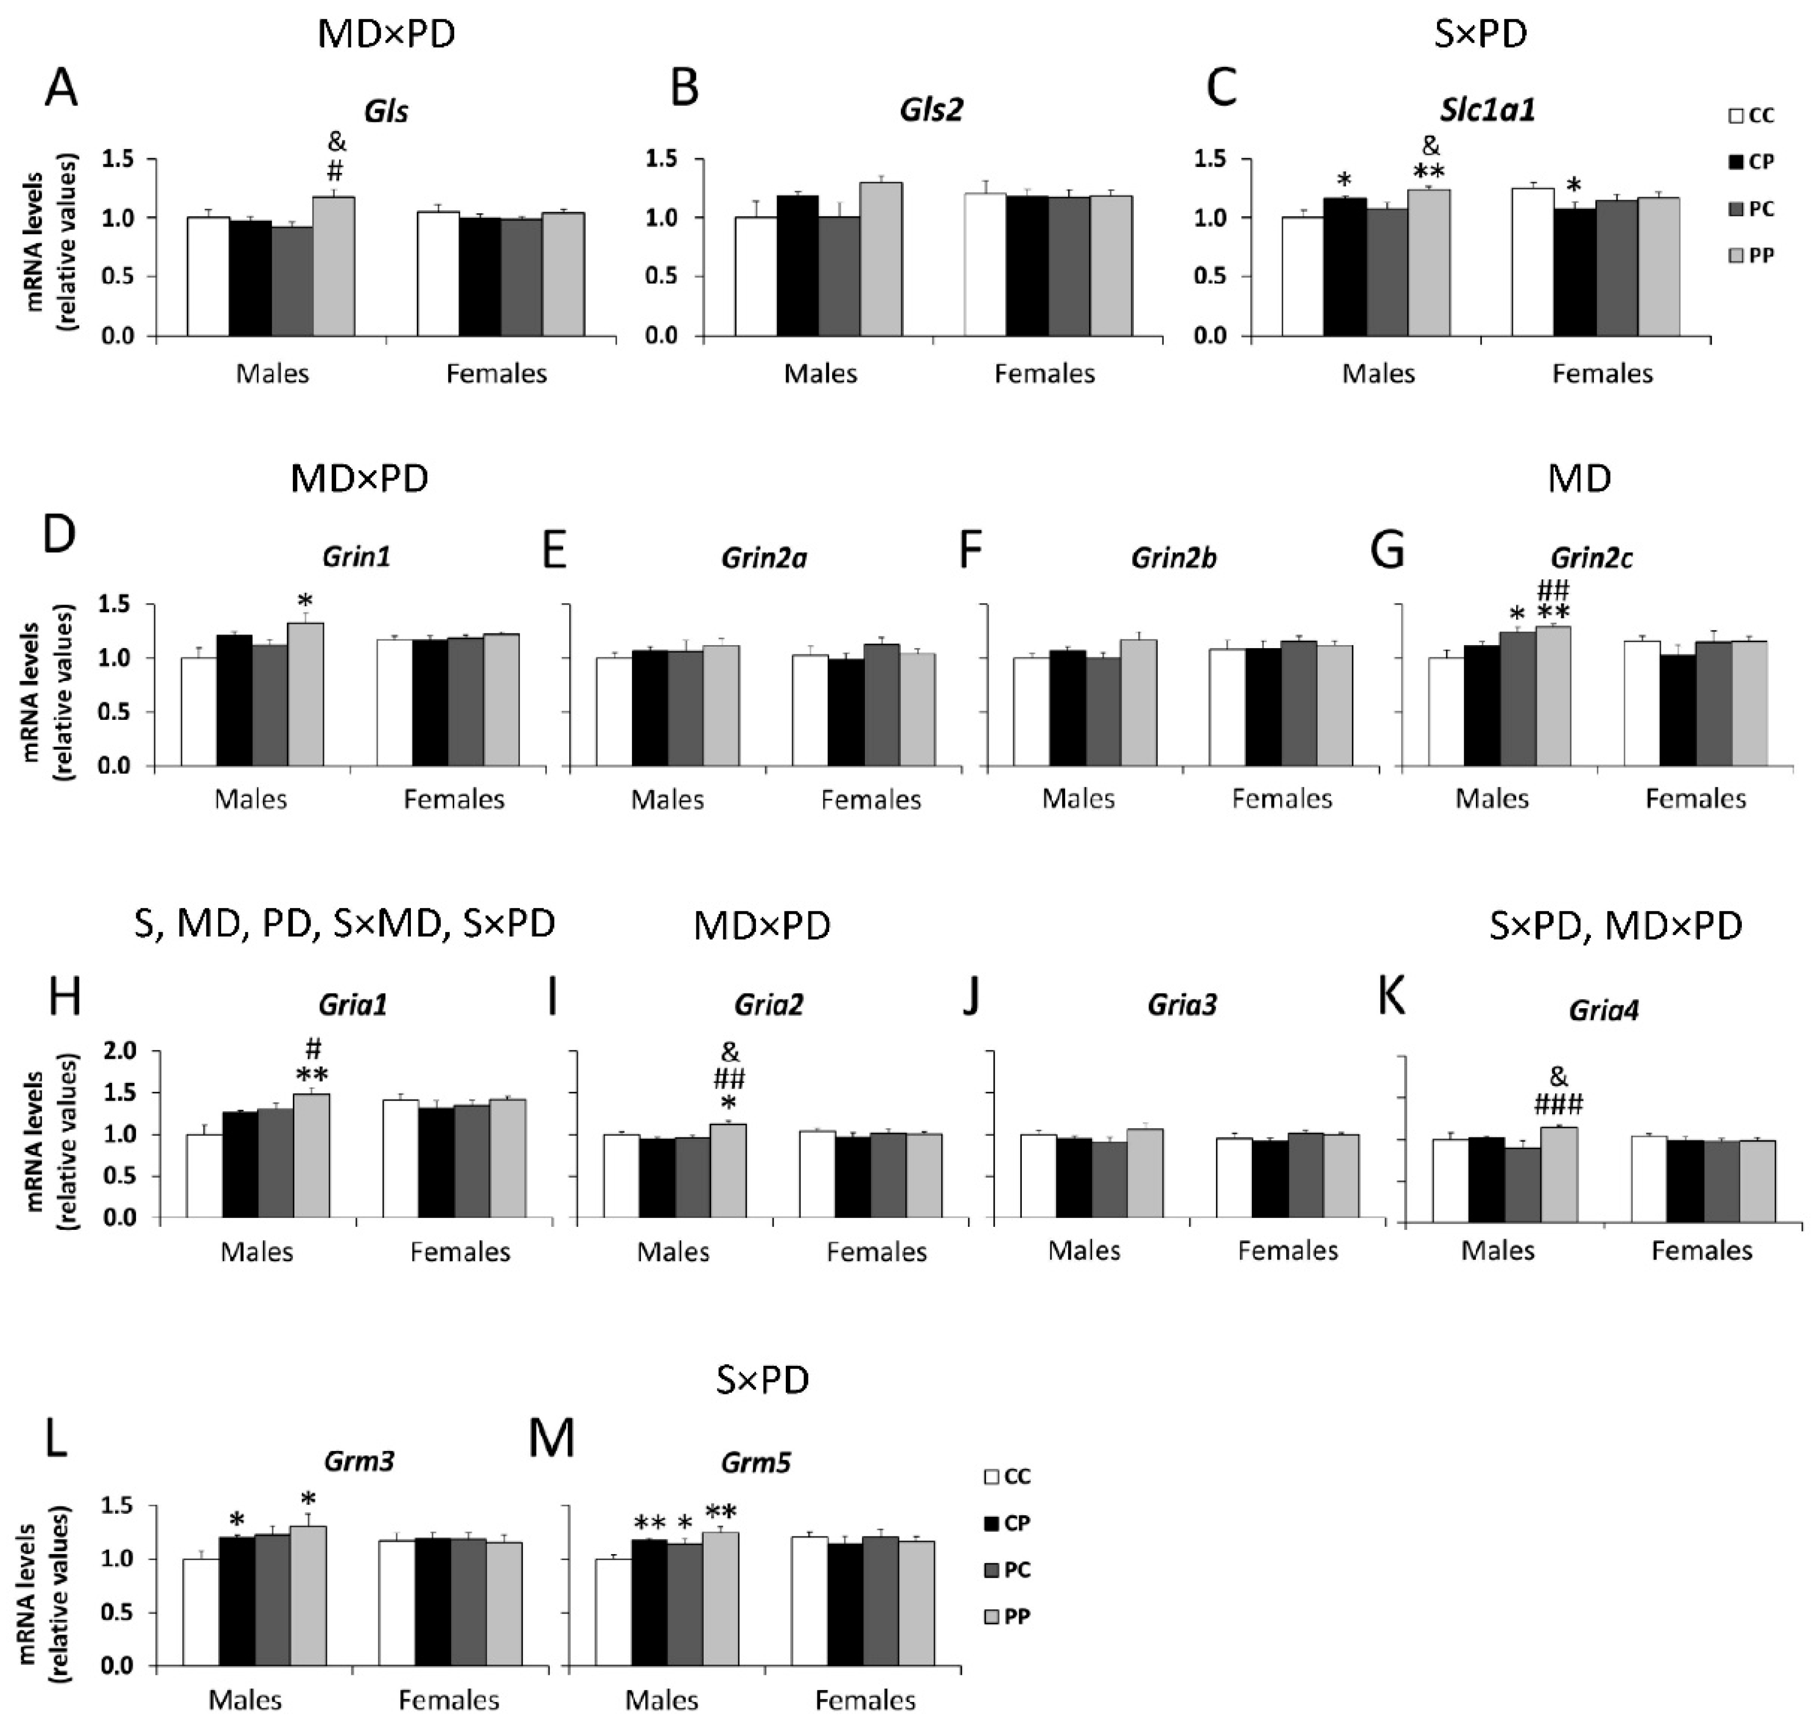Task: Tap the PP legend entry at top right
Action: (1751, 255)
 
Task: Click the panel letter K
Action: (1392, 998)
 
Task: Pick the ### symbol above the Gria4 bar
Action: (1558, 1104)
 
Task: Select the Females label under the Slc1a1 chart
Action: (1602, 373)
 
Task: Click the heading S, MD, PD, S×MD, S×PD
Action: (344, 923)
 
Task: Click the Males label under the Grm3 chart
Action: (244, 1700)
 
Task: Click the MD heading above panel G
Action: (1579, 478)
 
